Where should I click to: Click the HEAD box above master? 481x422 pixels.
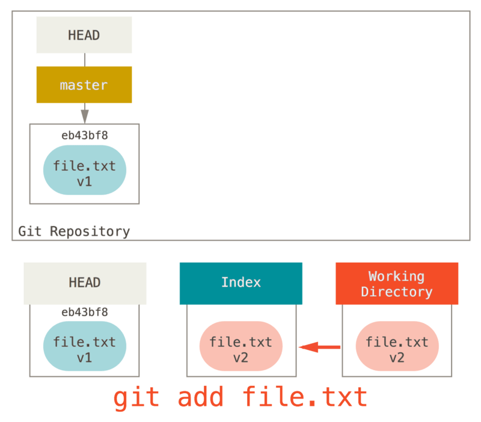click(84, 35)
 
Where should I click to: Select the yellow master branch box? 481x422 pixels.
click(84, 85)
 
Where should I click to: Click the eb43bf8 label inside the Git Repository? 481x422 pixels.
click(84, 135)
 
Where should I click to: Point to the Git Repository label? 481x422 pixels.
click(74, 231)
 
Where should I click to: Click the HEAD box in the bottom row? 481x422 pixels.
click(85, 283)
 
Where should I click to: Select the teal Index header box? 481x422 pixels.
click(240, 283)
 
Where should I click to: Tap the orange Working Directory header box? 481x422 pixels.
click(397, 283)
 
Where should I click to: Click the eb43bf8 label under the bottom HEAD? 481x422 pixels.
click(84, 312)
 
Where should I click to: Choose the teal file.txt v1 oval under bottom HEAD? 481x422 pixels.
click(84, 347)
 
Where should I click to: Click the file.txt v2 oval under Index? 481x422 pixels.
click(240, 347)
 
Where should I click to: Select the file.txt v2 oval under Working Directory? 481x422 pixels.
click(397, 347)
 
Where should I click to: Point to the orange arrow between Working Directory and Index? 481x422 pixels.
click(319, 347)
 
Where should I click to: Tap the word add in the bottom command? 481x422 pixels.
click(201, 397)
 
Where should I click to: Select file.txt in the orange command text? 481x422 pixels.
click(305, 397)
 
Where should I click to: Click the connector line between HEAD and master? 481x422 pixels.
click(84, 60)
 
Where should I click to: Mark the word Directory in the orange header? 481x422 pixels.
click(397, 292)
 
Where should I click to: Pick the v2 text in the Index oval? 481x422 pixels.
click(240, 357)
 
